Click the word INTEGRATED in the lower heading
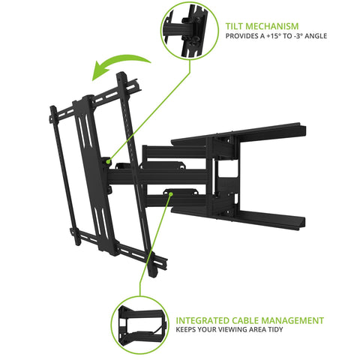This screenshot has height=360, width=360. (x=208, y=320)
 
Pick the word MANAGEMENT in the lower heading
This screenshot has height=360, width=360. (x=298, y=320)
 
